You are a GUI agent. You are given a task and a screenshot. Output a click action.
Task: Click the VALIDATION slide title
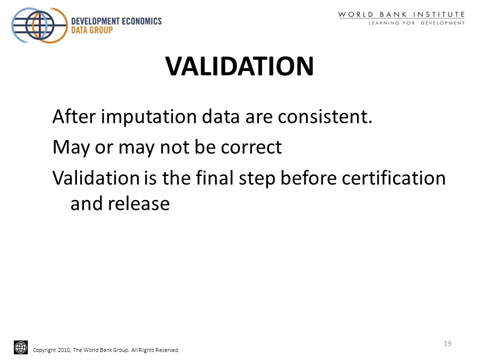tap(239, 66)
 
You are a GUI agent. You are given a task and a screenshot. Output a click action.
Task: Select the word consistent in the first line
tap(325, 116)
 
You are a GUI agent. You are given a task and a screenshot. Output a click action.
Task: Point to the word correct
tap(251, 147)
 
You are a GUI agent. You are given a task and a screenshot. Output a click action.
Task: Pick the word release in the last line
tap(138, 203)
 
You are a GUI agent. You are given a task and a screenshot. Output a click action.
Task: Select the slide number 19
tap(447, 343)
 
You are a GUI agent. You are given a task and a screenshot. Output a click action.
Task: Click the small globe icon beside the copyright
tap(21, 347)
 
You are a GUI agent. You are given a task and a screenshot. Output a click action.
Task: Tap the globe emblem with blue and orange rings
tap(39, 25)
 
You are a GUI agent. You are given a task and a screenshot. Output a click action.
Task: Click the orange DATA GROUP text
tap(92, 30)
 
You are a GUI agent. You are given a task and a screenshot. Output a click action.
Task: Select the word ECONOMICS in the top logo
tap(141, 21)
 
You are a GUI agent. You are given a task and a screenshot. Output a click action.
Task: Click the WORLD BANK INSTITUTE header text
tap(401, 14)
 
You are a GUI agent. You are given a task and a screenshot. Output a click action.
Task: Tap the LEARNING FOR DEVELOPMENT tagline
tap(416, 23)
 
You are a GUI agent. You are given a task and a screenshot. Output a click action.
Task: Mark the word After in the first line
tap(74, 116)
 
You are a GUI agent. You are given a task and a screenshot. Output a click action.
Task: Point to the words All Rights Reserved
tap(155, 350)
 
